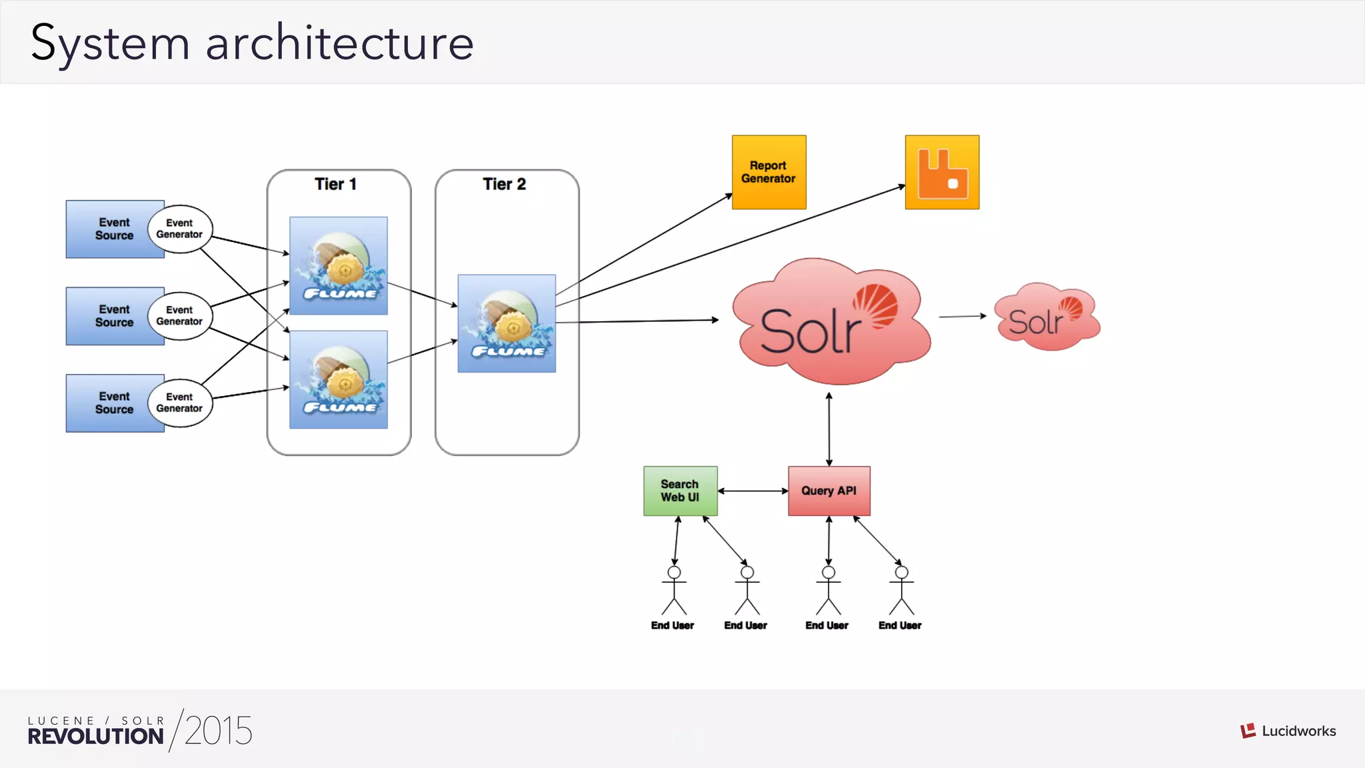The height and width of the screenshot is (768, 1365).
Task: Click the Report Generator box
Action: click(768, 172)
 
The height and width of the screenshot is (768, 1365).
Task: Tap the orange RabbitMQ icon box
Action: click(942, 172)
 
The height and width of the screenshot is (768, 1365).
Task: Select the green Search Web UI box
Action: click(680, 491)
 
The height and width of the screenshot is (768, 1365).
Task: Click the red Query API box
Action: click(828, 491)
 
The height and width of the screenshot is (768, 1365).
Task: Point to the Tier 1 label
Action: click(335, 184)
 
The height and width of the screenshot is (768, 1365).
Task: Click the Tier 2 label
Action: click(504, 184)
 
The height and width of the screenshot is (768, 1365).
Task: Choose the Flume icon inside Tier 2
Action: click(507, 323)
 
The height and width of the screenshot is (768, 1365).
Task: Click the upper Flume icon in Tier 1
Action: click(339, 265)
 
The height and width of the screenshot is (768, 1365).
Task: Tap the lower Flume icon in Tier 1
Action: click(339, 379)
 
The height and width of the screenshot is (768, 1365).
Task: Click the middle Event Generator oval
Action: click(179, 316)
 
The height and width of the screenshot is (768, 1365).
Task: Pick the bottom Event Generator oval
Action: click(179, 403)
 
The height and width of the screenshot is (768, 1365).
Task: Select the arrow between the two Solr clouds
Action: click(962, 316)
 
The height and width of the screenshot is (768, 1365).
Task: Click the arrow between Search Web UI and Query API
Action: click(752, 491)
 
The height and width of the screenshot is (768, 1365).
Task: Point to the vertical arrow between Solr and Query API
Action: click(828, 429)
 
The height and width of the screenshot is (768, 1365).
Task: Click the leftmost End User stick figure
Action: click(674, 591)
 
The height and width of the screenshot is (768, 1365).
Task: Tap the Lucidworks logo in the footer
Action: click(1288, 731)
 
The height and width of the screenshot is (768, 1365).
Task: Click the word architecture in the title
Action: click(339, 43)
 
